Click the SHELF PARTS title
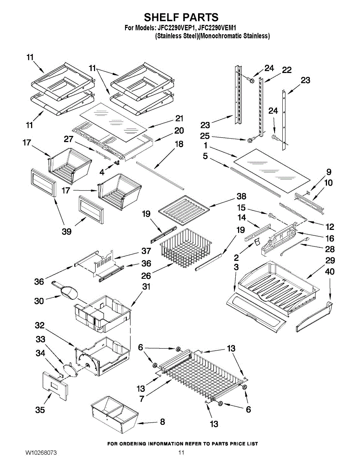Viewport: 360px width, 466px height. click(181, 17)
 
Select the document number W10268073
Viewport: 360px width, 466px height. click(41, 452)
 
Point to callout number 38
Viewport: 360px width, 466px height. click(242, 196)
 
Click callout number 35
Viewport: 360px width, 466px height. click(40, 410)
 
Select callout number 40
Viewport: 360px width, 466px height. click(330, 271)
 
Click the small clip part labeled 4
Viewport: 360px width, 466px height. click(117, 163)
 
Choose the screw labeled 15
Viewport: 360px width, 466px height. click(271, 216)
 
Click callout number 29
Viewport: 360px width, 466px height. click(330, 260)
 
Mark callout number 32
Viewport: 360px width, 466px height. click(40, 325)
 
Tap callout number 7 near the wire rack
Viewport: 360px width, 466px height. click(142, 399)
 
